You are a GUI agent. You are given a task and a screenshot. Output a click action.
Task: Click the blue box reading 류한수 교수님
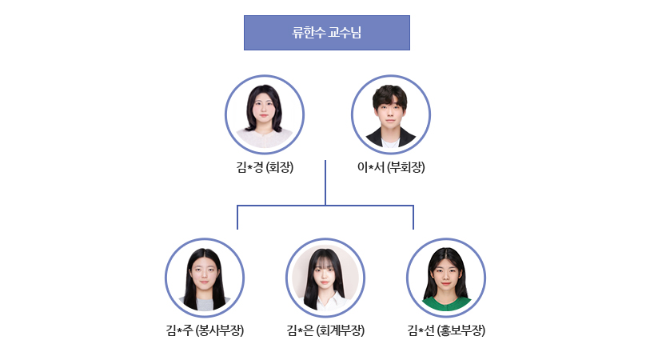326,33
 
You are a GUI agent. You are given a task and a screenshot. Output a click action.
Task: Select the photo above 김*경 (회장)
264,114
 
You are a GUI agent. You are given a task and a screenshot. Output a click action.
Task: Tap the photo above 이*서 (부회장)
391,114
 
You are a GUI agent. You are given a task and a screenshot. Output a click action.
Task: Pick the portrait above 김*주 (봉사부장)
205,278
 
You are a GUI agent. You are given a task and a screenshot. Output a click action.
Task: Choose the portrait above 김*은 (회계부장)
325,278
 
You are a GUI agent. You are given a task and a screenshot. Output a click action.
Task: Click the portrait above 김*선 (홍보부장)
446,278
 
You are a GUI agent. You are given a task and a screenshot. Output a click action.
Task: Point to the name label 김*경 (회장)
265,167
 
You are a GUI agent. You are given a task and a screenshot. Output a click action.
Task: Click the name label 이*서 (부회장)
391,167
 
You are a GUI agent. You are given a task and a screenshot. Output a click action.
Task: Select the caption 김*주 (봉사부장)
205,330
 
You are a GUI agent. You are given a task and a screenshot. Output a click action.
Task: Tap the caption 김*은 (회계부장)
325,330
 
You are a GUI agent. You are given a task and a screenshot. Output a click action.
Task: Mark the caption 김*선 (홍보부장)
446,330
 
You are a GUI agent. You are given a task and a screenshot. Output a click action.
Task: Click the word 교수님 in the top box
345,33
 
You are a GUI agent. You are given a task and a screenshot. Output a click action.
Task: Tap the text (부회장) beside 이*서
405,167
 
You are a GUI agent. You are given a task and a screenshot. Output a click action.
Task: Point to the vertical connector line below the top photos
325,182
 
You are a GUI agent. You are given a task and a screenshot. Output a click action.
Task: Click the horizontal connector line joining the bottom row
325,206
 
